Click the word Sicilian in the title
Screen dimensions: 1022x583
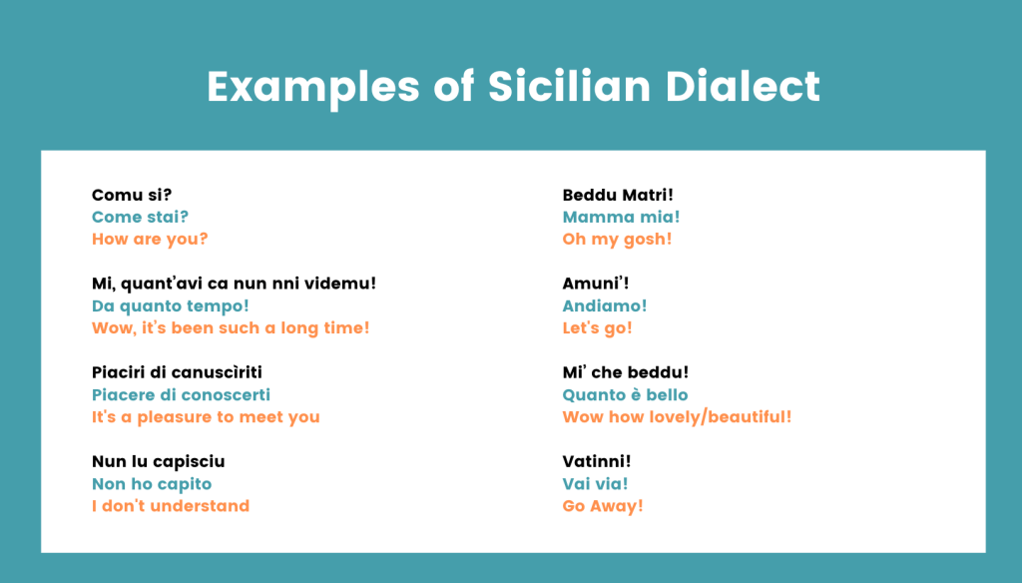pyautogui.click(x=569, y=86)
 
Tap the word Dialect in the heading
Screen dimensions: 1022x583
pyautogui.click(x=743, y=86)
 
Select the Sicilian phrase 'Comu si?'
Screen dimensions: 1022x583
pyautogui.click(x=132, y=195)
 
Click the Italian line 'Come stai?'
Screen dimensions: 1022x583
pyautogui.click(x=140, y=218)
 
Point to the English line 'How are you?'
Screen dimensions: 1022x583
pyautogui.click(x=150, y=240)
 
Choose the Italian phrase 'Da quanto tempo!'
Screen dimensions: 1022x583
pyautogui.click(x=170, y=306)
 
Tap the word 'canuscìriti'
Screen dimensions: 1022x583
pyautogui.click(x=222, y=372)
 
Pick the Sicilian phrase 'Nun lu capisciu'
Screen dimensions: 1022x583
pyautogui.click(x=159, y=462)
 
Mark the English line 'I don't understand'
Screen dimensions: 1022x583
pyautogui.click(x=171, y=506)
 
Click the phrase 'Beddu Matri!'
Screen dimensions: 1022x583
pyautogui.click(x=618, y=195)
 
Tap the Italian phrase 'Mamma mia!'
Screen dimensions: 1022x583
pyautogui.click(x=621, y=218)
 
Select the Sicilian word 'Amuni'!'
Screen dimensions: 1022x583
pyautogui.click(x=596, y=284)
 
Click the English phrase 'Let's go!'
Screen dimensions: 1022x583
pyautogui.click(x=597, y=328)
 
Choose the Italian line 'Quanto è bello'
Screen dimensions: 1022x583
pyautogui.click(x=625, y=395)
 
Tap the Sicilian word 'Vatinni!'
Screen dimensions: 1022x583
pyautogui.click(x=597, y=461)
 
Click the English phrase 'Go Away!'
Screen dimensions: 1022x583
pyautogui.click(x=603, y=507)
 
